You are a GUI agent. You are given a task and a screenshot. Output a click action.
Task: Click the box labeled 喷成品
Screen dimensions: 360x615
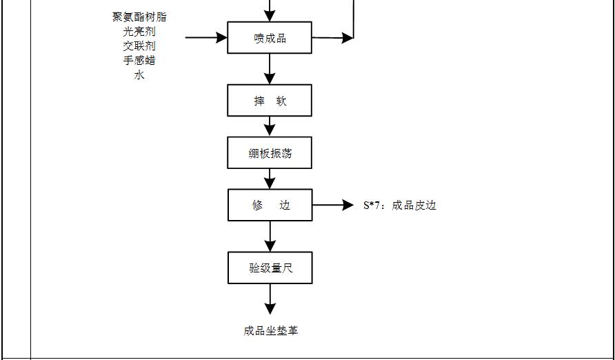click(270, 38)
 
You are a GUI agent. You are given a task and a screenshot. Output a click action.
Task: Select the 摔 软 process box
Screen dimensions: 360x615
click(270, 101)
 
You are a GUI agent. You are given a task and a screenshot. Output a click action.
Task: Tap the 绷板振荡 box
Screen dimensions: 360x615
click(270, 153)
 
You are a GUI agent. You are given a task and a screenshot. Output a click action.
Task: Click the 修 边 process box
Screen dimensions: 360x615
click(270, 206)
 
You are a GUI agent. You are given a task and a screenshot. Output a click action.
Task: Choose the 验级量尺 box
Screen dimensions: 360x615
click(270, 268)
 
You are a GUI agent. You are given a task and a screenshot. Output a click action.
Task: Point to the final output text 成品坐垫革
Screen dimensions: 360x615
click(270, 331)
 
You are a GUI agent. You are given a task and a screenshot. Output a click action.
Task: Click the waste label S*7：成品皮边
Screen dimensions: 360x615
click(400, 206)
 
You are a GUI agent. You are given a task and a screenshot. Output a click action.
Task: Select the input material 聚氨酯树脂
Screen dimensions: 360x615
click(139, 17)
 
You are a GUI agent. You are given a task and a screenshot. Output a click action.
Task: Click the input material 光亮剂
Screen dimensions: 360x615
click(139, 31)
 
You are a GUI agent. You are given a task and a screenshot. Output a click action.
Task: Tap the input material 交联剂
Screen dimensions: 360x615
click(139, 46)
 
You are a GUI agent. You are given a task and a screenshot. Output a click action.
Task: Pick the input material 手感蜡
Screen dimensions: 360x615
click(139, 60)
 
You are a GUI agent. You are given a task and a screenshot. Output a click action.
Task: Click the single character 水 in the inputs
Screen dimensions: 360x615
click(139, 74)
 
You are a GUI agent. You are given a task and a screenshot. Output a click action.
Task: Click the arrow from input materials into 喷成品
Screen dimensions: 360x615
click(207, 37)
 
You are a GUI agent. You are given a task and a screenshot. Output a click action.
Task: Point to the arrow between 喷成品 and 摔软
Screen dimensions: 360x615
click(270, 69)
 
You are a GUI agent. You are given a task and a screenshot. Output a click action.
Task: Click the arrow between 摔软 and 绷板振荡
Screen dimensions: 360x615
click(270, 126)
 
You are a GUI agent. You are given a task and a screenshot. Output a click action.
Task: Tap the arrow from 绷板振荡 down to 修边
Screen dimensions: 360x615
click(270, 179)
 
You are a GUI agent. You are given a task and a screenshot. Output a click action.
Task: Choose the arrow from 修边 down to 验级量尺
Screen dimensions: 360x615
click(270, 237)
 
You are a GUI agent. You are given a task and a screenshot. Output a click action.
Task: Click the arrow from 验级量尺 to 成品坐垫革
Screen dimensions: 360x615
click(270, 299)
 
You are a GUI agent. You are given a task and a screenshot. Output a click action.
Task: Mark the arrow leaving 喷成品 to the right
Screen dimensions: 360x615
click(332, 39)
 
